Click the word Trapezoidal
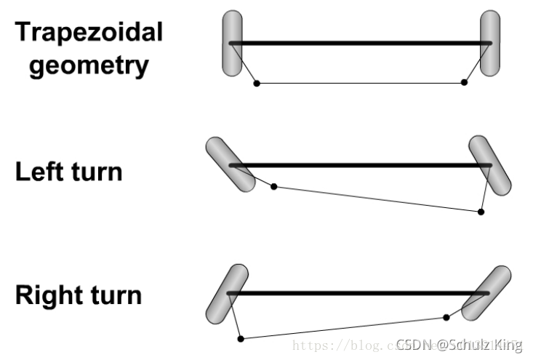click(x=89, y=32)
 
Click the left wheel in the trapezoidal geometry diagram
click(x=232, y=43)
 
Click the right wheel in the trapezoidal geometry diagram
click(x=490, y=43)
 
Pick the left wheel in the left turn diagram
click(x=231, y=164)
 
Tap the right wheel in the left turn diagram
click(x=490, y=165)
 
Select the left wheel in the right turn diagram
click(x=227, y=295)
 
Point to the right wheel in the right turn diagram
click(x=486, y=293)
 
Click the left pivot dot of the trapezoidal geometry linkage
click(x=256, y=84)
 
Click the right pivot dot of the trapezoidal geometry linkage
click(x=464, y=83)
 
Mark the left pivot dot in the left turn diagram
click(x=274, y=187)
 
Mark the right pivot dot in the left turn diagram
click(x=481, y=212)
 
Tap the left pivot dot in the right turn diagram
click(x=241, y=338)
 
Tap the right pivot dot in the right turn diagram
click(x=446, y=317)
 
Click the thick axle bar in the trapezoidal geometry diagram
click(x=361, y=44)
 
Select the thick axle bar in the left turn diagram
click(x=361, y=166)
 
